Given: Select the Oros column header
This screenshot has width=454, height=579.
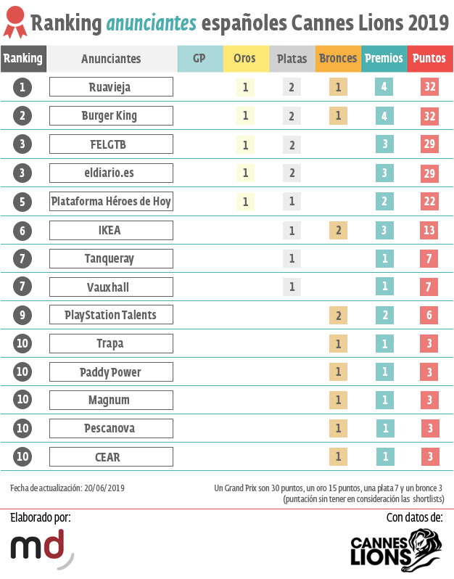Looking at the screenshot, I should (245, 58).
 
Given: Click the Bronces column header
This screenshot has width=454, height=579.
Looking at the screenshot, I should (337, 58).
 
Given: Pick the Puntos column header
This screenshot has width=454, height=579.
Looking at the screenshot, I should (429, 58).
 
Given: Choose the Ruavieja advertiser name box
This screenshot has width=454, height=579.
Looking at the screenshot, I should (111, 87).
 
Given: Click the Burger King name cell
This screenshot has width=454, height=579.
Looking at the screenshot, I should (111, 115).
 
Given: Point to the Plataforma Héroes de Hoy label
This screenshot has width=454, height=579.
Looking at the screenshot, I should (111, 201).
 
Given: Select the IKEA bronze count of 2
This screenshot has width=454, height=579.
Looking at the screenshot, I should (337, 230).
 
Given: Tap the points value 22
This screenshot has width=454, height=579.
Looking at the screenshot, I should (429, 201).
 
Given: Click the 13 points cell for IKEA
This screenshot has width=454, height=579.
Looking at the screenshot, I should (429, 230).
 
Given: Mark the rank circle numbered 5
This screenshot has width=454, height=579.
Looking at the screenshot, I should (22, 201).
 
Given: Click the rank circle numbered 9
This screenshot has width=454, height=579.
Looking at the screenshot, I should (22, 314).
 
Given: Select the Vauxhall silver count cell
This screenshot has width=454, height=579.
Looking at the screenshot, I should (292, 287).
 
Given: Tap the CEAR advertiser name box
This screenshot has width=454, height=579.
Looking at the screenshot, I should (111, 457).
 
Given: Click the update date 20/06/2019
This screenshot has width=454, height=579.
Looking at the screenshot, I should (104, 488).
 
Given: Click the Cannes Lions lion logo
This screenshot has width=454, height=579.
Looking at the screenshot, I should (417, 548).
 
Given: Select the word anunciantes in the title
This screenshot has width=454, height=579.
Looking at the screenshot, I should (151, 24).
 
